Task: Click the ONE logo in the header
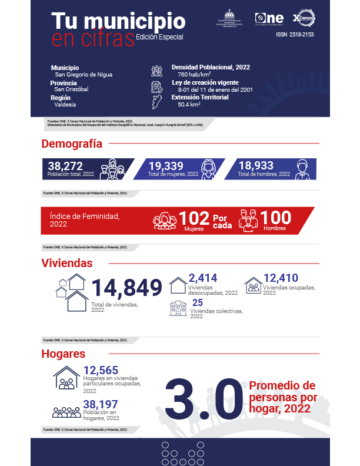point(269,18)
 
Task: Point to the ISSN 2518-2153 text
point(295,35)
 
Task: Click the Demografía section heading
point(72,144)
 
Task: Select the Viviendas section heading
point(67,263)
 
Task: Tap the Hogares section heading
point(64,354)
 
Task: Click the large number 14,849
point(126,288)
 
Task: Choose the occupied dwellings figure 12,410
point(281,278)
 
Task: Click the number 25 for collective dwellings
point(198,303)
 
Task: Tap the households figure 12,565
point(101,370)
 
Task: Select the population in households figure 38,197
point(101,404)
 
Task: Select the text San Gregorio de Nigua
point(84,75)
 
